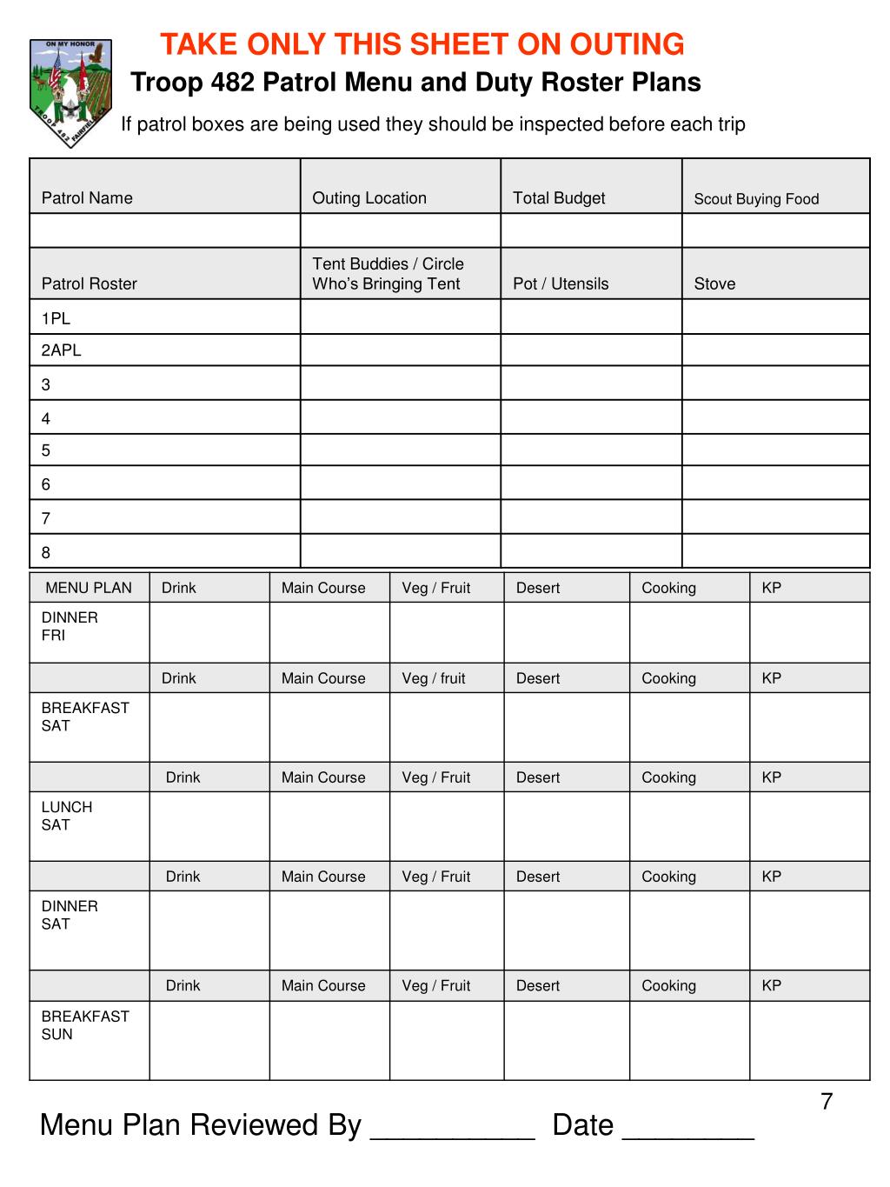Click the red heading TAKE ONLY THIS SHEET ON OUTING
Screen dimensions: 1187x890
[x=422, y=43]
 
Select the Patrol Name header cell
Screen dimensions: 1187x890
[x=87, y=198]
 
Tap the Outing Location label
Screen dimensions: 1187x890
[x=369, y=198]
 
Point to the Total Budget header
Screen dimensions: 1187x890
[x=559, y=198]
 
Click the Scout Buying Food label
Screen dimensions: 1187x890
[x=756, y=199]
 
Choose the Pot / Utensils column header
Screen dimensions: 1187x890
[x=561, y=283]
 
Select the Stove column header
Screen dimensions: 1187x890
[x=714, y=283]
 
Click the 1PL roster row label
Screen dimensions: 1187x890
[x=56, y=318]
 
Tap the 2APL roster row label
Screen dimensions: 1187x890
[x=61, y=350]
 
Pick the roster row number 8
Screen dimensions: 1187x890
[x=46, y=552]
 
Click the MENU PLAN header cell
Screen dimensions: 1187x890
[x=89, y=588]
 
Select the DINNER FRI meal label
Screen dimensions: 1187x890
[x=70, y=626]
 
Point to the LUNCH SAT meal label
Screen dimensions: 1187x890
[x=67, y=816]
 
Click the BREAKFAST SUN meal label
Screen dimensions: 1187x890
[x=85, y=1025]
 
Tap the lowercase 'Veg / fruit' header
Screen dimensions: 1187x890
[x=434, y=678]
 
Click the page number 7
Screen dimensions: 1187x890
[x=827, y=1102]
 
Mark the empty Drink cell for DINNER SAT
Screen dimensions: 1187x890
[x=209, y=930]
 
